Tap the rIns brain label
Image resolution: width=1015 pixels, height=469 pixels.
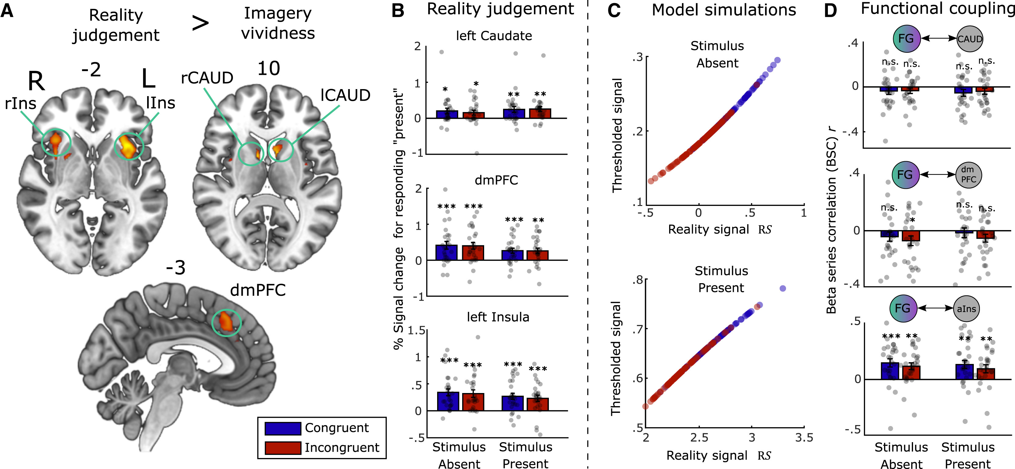pos(20,103)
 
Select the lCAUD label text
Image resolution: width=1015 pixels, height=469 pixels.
pos(345,95)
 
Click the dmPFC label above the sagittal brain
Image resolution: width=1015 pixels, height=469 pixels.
pos(258,290)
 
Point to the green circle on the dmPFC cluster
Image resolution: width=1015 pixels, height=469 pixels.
pos(227,322)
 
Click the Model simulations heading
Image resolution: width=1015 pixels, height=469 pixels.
pos(723,10)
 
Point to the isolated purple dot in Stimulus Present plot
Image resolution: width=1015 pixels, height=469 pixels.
pos(782,289)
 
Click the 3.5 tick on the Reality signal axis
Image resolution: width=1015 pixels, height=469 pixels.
pos(803,438)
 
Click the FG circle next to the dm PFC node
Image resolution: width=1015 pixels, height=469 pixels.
pos(905,175)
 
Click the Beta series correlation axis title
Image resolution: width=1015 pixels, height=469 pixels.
pos(832,221)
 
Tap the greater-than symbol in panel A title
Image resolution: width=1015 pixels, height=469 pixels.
pos(200,23)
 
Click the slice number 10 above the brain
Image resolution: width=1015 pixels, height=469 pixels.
pos(269,69)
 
